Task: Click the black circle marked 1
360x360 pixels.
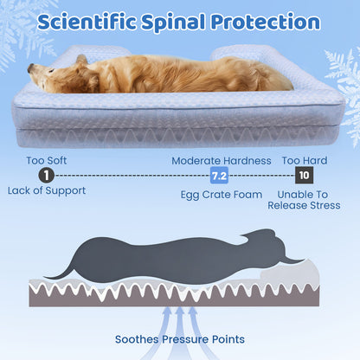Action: (33, 175)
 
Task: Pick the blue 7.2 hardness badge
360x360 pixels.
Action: (220, 176)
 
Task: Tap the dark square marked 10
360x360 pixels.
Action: (303, 175)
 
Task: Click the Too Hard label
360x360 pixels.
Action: (304, 160)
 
